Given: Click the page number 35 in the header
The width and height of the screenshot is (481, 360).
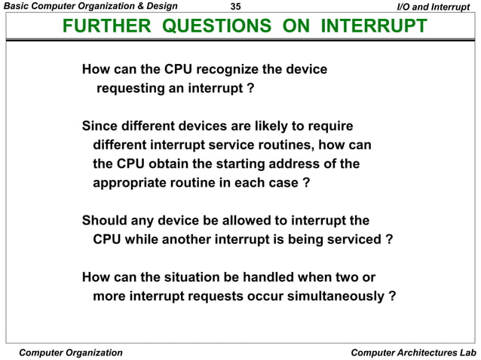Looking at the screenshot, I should pyautogui.click(x=234, y=7).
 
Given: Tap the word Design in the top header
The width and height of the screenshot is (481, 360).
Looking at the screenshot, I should pyautogui.click(x=159, y=7).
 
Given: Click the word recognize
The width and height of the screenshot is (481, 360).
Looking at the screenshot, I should pyautogui.click(x=225, y=70).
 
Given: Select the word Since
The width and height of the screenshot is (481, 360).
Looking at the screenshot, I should pyautogui.click(x=99, y=125).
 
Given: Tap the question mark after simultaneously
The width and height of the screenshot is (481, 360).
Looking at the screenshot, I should pyautogui.click(x=391, y=296).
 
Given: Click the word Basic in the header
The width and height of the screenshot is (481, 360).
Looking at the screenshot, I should pyautogui.click(x=17, y=7).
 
